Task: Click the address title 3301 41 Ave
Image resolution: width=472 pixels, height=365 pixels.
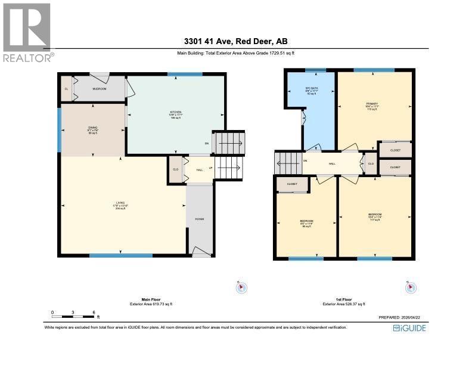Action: coord(235,42)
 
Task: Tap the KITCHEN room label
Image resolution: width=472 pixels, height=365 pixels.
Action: coord(175,115)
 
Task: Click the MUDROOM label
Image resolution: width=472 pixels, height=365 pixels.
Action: coord(99,89)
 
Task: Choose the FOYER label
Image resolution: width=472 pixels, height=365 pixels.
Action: coord(199,219)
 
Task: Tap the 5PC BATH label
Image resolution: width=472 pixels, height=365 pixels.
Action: coord(309,91)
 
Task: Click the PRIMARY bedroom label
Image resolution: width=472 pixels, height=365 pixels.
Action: coord(372,106)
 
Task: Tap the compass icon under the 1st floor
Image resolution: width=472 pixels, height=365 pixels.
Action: coord(410,288)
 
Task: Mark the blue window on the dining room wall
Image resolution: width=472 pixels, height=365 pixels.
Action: coord(60,129)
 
